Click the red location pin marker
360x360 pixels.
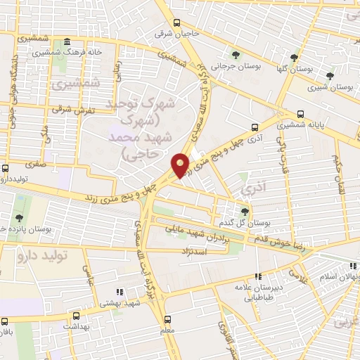(x=181, y=165)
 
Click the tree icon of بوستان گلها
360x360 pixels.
(x=294, y=57)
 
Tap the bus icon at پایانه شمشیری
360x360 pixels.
(x=301, y=113)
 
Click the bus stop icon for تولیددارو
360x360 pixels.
(x=6, y=169)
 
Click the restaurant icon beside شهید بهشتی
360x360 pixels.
(x=117, y=290)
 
